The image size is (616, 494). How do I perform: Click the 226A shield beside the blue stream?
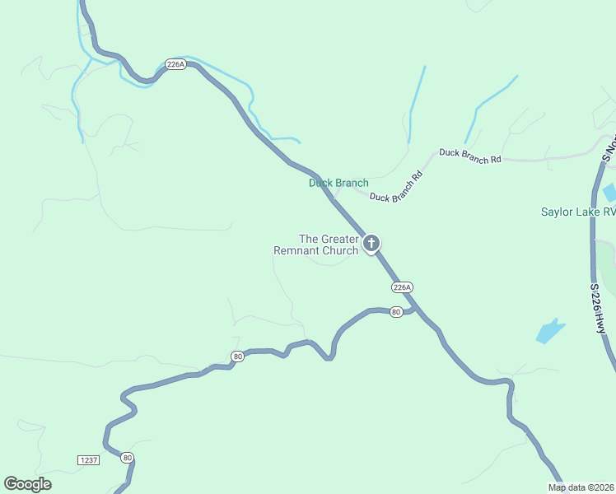point(175,63)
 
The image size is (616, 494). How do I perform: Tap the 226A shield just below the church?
point(401,287)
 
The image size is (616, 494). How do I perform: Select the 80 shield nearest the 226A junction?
point(396,312)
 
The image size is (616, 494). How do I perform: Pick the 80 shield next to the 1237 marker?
point(127,457)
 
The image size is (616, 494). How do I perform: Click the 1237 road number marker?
point(89,459)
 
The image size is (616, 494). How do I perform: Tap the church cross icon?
point(371,243)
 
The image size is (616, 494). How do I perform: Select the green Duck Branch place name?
point(338,183)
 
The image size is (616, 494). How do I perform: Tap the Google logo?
point(27,483)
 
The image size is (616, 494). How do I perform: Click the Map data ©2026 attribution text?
point(581,487)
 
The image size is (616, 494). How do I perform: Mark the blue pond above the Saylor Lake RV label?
point(609,193)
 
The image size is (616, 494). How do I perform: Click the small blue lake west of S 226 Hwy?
point(550,331)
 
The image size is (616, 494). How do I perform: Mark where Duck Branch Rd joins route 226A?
point(334,198)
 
